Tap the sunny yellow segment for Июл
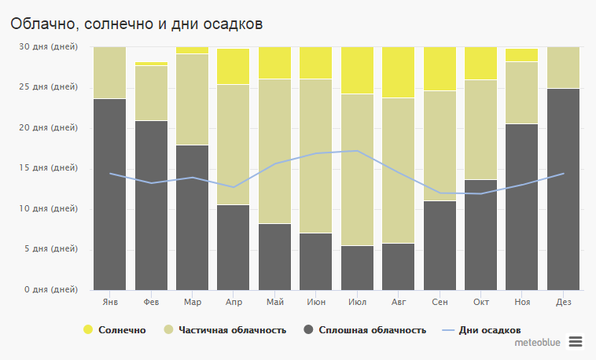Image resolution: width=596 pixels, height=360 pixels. (357, 70)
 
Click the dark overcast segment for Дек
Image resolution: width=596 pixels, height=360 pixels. (563, 189)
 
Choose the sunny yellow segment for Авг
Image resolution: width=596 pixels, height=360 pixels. (398, 72)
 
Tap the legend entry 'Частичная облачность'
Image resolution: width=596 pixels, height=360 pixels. (224, 329)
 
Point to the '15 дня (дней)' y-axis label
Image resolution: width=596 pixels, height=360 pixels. (49, 168)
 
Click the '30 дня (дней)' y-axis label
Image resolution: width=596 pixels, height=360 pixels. (49, 47)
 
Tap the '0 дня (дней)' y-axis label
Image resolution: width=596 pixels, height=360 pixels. (51, 290)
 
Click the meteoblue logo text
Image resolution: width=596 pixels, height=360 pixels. (538, 343)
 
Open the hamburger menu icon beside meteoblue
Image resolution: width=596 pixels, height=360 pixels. (576, 341)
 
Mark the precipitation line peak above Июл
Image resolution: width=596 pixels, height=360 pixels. (357, 151)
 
